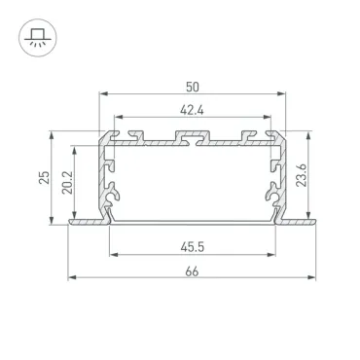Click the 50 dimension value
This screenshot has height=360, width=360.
pos(193,87)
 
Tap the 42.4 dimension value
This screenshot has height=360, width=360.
pos(192,111)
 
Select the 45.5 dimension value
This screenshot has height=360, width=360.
pos(193,247)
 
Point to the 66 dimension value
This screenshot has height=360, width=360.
pos(192,271)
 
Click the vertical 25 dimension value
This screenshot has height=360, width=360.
pos(44,177)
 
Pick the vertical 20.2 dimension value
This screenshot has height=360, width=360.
pos(67,183)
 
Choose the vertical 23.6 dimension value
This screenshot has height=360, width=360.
pos(302,175)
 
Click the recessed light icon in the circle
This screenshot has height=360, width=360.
pos(38,38)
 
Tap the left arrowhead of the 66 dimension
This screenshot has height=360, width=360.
pos(72,277)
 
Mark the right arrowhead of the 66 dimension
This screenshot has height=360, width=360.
pos(311,277)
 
